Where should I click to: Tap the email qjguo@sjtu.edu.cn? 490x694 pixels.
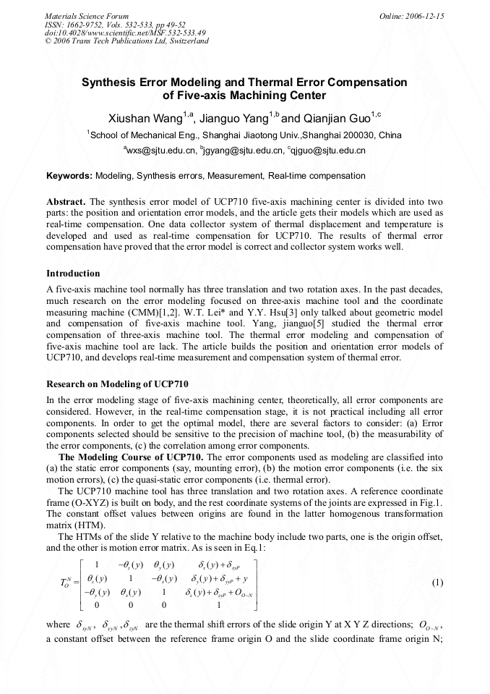tap(328, 151)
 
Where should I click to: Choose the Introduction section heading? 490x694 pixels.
tap(73, 274)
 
